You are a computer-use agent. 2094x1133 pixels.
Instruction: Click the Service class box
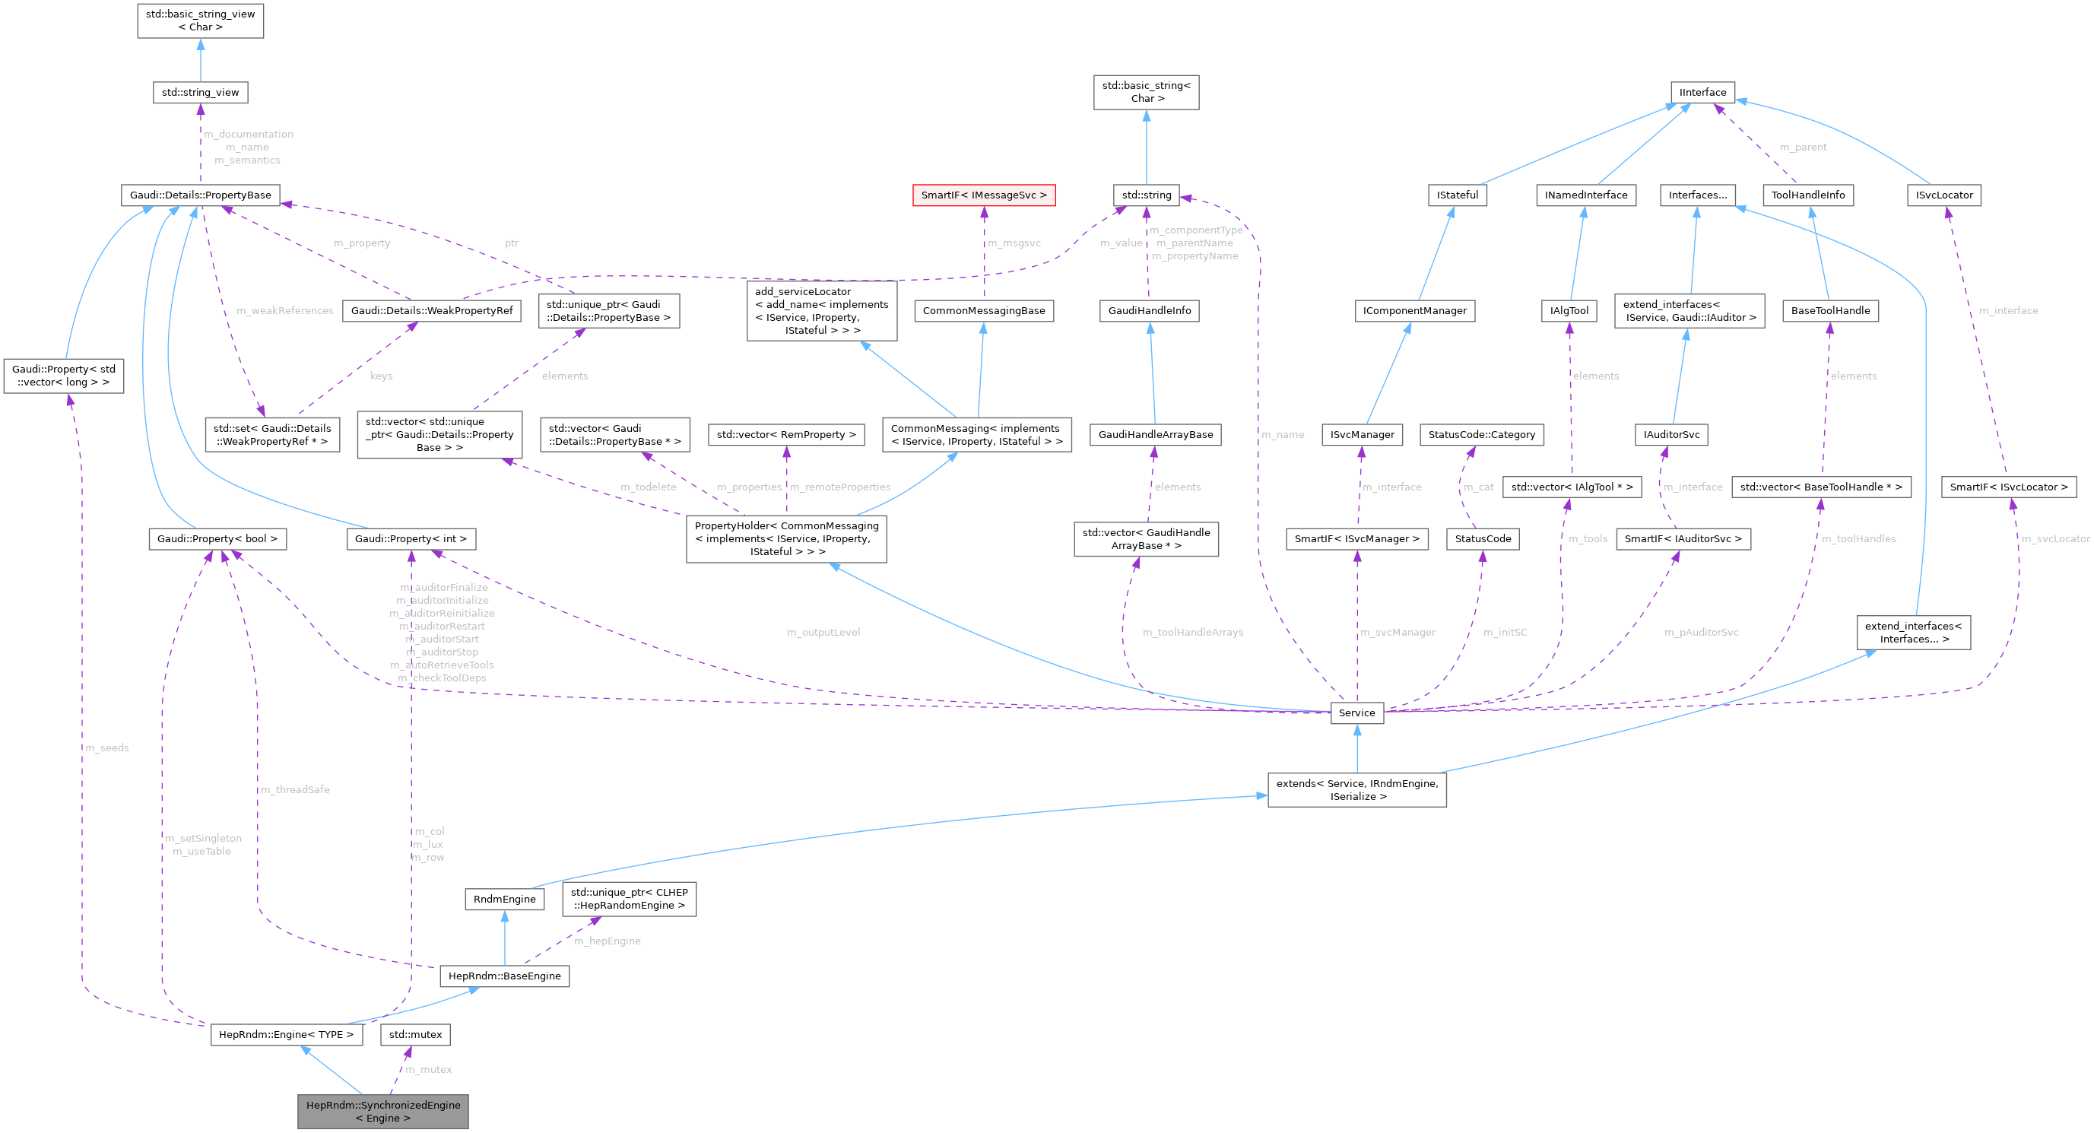pyautogui.click(x=1356, y=712)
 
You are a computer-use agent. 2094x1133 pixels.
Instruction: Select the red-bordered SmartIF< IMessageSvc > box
pyautogui.click(x=984, y=195)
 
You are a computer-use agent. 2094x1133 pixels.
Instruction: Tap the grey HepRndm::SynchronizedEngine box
pyautogui.click(x=383, y=1111)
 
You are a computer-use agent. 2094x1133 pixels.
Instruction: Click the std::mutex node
pyautogui.click(x=415, y=1035)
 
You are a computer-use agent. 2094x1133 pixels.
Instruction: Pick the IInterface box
pyautogui.click(x=1702, y=92)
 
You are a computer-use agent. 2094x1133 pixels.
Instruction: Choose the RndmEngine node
pyautogui.click(x=504, y=899)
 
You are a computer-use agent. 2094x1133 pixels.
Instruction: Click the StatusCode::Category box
pyautogui.click(x=1481, y=434)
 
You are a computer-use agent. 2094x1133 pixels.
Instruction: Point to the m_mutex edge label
pyautogui.click(x=428, y=1070)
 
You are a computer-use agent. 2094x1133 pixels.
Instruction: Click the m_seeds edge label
pyautogui.click(x=107, y=747)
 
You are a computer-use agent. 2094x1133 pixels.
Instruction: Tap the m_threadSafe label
pyautogui.click(x=295, y=789)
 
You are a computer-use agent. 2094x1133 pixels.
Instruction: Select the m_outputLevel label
pyautogui.click(x=823, y=633)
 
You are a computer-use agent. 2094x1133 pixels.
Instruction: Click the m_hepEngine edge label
pyautogui.click(x=608, y=941)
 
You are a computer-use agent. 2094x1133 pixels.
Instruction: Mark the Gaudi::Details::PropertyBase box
pyautogui.click(x=200, y=195)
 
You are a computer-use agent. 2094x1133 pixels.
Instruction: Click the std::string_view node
pyautogui.click(x=200, y=92)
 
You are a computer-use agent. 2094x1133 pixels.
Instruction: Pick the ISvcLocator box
pyautogui.click(x=1943, y=195)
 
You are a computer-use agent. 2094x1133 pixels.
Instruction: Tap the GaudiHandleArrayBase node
pyautogui.click(x=1155, y=434)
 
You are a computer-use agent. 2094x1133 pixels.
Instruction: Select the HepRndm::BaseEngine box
pyautogui.click(x=504, y=976)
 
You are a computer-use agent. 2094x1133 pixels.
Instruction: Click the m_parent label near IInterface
pyautogui.click(x=1803, y=147)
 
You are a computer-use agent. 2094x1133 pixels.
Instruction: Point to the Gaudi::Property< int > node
pyautogui.click(x=411, y=538)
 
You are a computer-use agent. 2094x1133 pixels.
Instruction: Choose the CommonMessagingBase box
pyautogui.click(x=984, y=310)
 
